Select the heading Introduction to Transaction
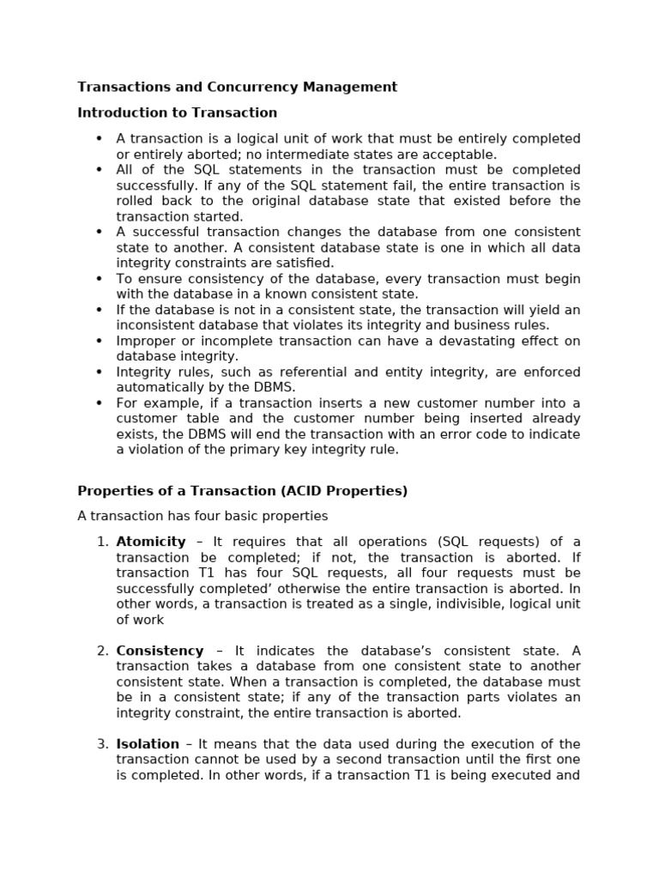[x=178, y=112]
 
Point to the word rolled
[x=134, y=201]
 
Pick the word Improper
[x=145, y=341]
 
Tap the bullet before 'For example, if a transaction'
[x=99, y=403]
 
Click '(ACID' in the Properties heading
[x=311, y=491]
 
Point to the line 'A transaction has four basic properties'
[x=203, y=516]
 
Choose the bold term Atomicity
[x=151, y=542]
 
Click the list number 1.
[x=101, y=542]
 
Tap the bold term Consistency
[x=160, y=651]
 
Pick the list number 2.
[x=101, y=651]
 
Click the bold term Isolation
[x=148, y=744]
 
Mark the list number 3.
[x=101, y=744]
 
